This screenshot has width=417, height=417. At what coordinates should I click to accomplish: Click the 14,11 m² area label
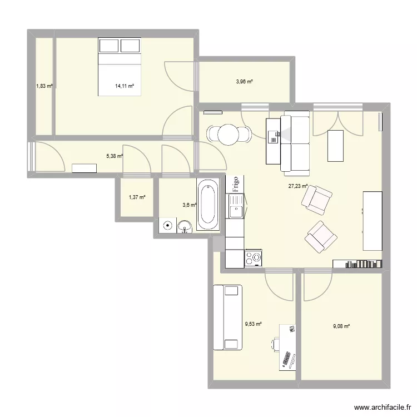(x=125, y=86)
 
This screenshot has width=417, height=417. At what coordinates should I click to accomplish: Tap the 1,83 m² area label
(x=44, y=86)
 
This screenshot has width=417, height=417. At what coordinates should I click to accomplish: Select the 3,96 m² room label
(x=244, y=82)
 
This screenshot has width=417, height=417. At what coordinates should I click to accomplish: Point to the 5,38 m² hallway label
(x=114, y=156)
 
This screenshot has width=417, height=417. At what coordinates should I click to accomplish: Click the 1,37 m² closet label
(x=136, y=197)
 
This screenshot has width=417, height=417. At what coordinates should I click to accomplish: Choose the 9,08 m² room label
(x=341, y=326)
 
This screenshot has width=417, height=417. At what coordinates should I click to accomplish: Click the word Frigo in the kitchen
(x=236, y=184)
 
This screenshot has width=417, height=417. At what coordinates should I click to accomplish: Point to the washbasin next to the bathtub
(x=185, y=225)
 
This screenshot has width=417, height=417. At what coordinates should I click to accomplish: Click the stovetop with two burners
(x=254, y=257)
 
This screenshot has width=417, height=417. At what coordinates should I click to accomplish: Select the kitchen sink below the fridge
(x=235, y=210)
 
